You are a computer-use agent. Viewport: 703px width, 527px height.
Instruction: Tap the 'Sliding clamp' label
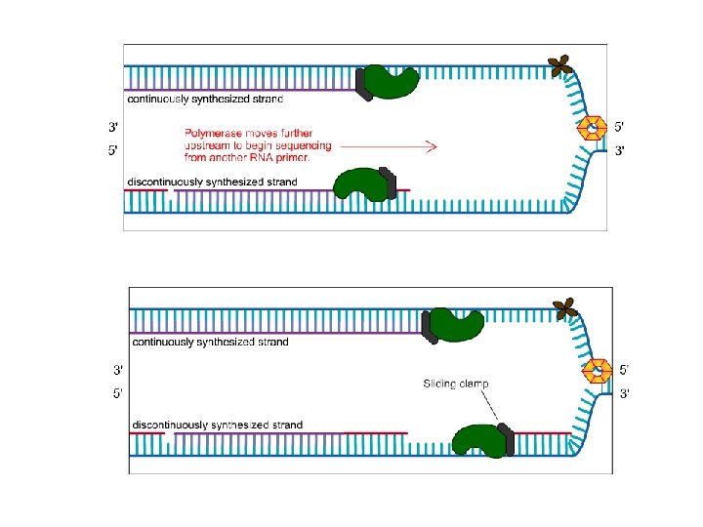(x=455, y=384)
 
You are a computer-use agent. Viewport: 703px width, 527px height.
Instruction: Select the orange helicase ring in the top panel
(x=593, y=128)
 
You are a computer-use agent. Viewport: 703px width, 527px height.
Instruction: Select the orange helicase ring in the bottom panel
(x=598, y=371)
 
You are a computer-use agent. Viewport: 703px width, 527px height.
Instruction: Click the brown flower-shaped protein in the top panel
(x=559, y=66)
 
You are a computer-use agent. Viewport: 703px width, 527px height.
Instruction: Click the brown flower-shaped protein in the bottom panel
(x=564, y=310)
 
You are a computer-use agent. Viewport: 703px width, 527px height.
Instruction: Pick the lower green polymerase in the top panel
(x=358, y=182)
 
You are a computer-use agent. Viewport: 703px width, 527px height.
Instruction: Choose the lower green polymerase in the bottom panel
(x=478, y=439)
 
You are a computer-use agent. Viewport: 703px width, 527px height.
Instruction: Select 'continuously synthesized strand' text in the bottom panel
(x=210, y=343)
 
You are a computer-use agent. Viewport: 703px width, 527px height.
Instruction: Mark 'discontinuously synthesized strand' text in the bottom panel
(x=217, y=426)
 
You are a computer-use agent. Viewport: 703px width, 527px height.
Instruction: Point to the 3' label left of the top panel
(x=113, y=127)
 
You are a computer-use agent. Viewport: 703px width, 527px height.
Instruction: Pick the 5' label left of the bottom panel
(x=118, y=393)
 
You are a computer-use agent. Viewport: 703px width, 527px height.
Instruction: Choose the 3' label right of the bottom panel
(x=625, y=393)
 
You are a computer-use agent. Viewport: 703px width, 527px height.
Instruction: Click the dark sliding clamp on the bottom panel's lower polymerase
(x=507, y=439)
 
